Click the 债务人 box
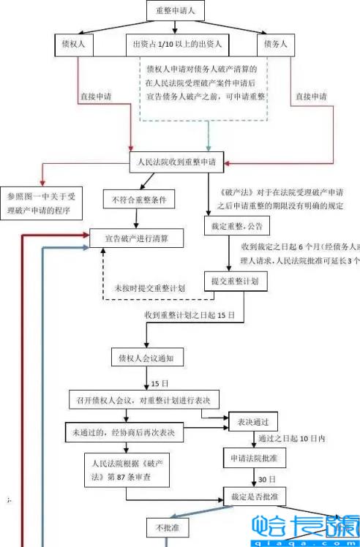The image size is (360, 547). (x=275, y=45)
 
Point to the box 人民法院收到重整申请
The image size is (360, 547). (x=179, y=162)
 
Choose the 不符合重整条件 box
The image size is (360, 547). (x=140, y=199)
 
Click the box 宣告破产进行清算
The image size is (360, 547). (x=136, y=238)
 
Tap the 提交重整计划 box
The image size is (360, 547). (x=234, y=281)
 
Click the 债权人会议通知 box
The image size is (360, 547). (x=146, y=358)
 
